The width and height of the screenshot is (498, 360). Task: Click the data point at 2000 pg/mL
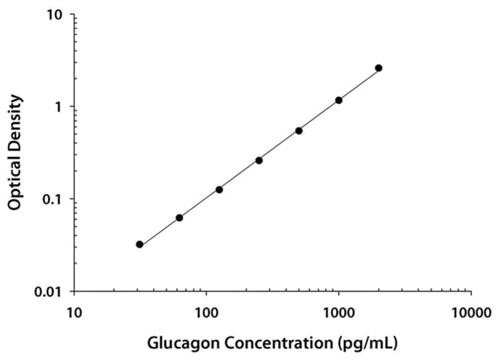click(x=378, y=68)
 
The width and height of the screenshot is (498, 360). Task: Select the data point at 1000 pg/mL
click(x=339, y=100)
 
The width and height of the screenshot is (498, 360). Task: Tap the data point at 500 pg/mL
click(x=299, y=131)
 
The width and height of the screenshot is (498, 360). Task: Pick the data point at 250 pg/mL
click(x=259, y=160)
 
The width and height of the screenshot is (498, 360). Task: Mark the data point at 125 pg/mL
click(x=219, y=189)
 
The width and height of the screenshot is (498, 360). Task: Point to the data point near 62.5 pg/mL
click(x=179, y=218)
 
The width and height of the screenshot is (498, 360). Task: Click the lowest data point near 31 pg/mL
click(x=139, y=244)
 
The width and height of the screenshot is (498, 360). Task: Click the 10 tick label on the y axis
click(x=56, y=15)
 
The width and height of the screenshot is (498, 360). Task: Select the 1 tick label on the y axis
click(x=60, y=106)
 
